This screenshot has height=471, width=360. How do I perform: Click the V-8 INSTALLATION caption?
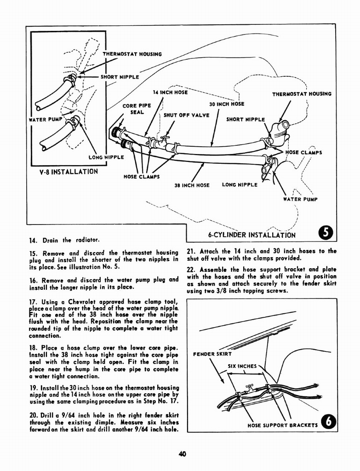pyautogui.click(x=69, y=172)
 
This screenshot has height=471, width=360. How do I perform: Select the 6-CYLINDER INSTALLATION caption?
pyautogui.click(x=251, y=235)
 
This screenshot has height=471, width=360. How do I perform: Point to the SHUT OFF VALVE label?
pyautogui.click(x=187, y=115)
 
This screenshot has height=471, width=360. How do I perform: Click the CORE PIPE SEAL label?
pyautogui.click(x=137, y=109)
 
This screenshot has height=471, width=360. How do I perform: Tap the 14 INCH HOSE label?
pyautogui.click(x=170, y=92)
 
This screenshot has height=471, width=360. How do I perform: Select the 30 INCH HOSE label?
pyautogui.click(x=227, y=104)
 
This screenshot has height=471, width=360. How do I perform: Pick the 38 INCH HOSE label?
pyautogui.click(x=192, y=185)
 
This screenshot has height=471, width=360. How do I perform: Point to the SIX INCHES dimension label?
pyautogui.click(x=242, y=367)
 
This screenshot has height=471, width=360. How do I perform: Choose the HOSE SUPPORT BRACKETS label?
pyautogui.click(x=282, y=425)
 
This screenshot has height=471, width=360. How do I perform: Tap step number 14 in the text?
pyautogui.click(x=32, y=240)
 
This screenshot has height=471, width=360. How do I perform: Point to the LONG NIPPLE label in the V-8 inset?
pyautogui.click(x=106, y=157)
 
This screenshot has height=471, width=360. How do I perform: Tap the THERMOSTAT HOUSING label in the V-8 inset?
pyautogui.click(x=132, y=54)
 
